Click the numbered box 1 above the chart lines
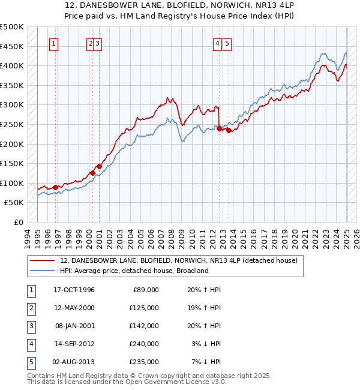54,43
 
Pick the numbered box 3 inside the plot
98,43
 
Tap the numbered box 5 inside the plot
228,43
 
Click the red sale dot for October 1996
56,187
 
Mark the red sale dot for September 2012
219,128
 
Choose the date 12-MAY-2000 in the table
74,308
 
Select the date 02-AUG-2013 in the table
74,362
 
